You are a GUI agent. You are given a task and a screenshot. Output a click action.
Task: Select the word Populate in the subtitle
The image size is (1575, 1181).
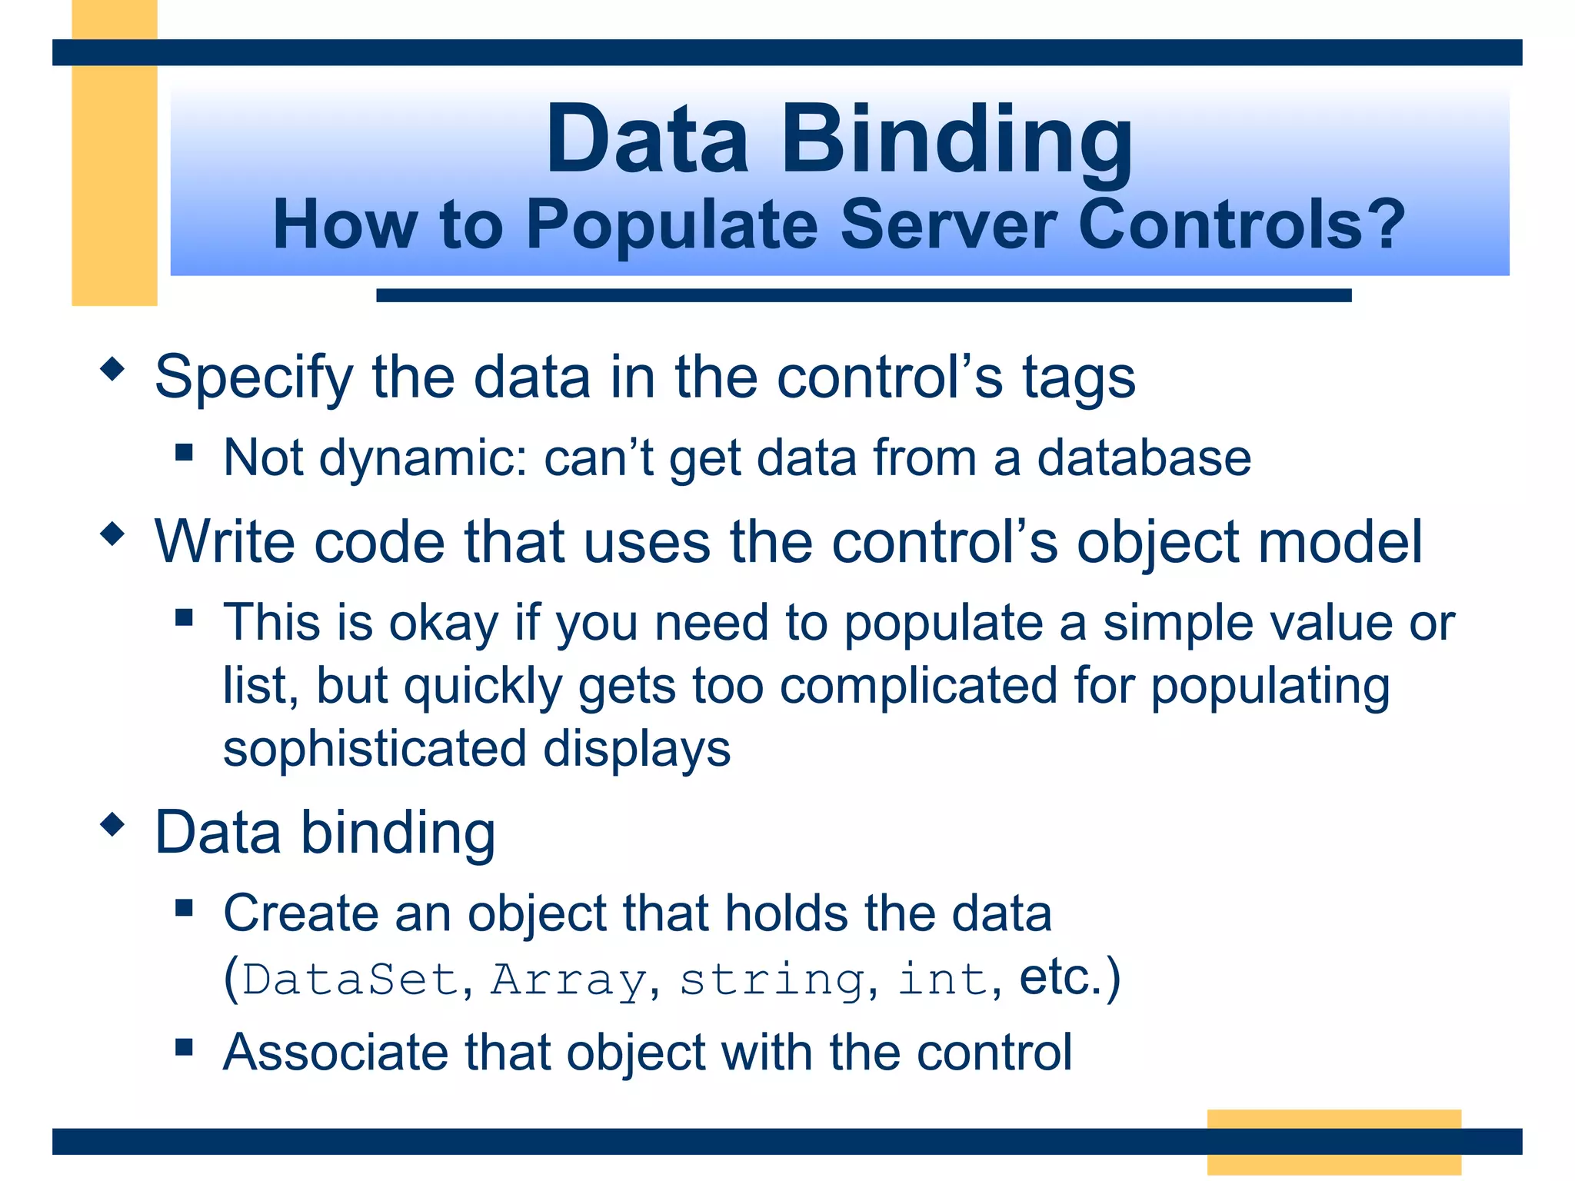(x=671, y=225)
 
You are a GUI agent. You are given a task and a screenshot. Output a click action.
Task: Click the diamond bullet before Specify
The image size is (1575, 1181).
(x=112, y=369)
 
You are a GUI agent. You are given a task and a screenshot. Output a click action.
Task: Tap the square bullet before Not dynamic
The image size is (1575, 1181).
(x=184, y=451)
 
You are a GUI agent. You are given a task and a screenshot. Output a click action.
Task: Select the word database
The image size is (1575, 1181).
(x=1144, y=458)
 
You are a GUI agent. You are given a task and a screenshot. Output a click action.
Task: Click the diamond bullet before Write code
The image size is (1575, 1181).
(x=112, y=534)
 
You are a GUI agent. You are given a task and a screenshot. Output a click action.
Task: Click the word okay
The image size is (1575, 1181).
(x=445, y=623)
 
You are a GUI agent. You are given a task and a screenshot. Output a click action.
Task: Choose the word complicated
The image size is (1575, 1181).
(x=918, y=686)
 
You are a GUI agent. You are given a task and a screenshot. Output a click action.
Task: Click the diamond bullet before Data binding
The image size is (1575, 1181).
(x=112, y=825)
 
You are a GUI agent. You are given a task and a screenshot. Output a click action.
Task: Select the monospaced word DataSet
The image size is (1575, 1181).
(x=351, y=980)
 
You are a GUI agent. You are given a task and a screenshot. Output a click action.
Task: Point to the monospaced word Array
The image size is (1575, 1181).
(x=569, y=980)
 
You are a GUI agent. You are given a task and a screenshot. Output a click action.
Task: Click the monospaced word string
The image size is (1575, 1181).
(x=772, y=980)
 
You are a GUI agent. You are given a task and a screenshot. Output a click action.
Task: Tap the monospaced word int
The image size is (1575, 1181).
(x=943, y=980)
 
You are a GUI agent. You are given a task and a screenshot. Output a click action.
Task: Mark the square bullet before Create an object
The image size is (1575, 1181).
(x=184, y=908)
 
